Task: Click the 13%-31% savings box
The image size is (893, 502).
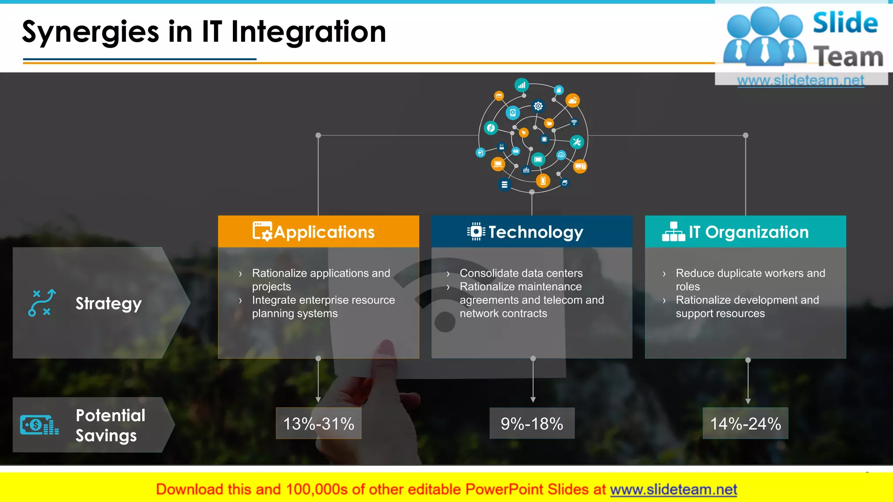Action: pos(318,424)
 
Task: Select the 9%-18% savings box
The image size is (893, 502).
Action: pos(532,424)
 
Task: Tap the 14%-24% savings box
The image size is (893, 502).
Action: pos(745,424)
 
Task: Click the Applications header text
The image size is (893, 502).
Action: pos(324,232)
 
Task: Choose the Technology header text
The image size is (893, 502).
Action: pos(535,232)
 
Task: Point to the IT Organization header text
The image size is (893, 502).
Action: pos(748,232)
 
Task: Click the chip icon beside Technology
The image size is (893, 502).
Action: pos(476,231)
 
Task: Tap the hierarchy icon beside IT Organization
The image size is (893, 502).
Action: pos(673,231)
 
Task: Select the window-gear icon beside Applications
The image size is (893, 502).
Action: pos(262,231)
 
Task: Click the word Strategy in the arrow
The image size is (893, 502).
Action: pos(109,304)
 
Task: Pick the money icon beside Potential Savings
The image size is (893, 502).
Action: pos(39,425)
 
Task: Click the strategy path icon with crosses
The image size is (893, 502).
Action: pos(42,302)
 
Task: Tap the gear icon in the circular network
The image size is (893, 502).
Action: pos(538,106)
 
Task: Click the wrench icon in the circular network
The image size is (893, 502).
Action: pos(577,142)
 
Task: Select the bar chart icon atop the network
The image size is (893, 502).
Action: pos(521,85)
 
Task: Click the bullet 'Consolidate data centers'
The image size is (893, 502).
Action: pos(521,273)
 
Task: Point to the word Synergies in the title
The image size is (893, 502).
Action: pos(91,32)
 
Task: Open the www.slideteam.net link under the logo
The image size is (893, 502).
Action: pos(801,81)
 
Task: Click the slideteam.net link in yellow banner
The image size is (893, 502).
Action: pos(673,490)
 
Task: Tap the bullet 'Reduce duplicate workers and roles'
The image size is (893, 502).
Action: pos(750,279)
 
